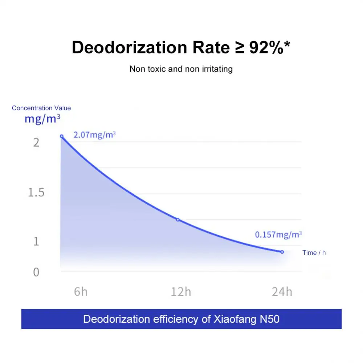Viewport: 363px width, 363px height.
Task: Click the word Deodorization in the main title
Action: (x=128, y=48)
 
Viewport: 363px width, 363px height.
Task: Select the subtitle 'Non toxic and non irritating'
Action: (x=181, y=69)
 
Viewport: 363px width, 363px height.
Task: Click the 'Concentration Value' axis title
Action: (x=41, y=108)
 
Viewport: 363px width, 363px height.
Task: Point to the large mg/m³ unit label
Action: (x=42, y=118)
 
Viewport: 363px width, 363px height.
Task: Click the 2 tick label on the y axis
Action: (x=36, y=143)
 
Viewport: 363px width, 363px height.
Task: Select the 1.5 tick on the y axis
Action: (x=36, y=192)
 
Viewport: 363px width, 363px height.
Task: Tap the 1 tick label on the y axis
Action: (x=36, y=241)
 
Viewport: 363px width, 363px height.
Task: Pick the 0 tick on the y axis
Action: (x=36, y=272)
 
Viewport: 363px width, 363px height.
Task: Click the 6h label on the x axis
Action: (x=81, y=291)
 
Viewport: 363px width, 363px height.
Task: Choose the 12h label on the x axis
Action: (x=181, y=291)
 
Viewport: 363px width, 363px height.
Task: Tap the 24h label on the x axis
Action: (x=282, y=291)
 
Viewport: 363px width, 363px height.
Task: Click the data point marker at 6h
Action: (x=62, y=136)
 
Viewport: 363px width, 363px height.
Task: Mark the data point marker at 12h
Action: (x=178, y=220)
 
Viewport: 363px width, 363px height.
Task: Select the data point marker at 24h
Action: (x=282, y=252)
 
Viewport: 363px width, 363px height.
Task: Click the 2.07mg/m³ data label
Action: (x=94, y=135)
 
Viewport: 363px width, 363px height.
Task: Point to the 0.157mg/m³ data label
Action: (x=278, y=234)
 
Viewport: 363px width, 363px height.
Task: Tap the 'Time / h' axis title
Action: (x=314, y=253)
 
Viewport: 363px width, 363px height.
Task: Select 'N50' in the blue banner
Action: (x=269, y=319)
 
